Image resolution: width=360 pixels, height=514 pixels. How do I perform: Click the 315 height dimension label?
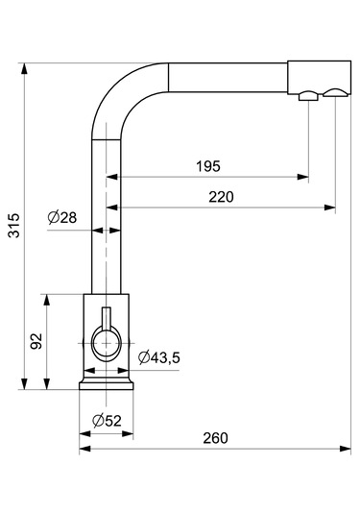click(14, 225)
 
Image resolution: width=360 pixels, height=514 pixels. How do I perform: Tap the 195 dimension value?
click(208, 166)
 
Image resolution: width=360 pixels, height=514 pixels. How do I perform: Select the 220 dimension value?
click(222, 197)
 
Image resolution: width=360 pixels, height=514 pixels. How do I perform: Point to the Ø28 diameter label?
click(62, 217)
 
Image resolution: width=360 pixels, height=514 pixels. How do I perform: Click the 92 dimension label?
click(36, 341)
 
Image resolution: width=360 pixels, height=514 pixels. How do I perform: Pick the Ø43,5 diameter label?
click(158, 357)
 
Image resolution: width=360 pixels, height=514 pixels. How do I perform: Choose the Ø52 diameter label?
click(107, 421)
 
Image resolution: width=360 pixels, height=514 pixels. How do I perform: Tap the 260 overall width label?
click(215, 438)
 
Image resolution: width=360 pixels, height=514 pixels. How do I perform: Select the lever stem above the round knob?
click(107, 317)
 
